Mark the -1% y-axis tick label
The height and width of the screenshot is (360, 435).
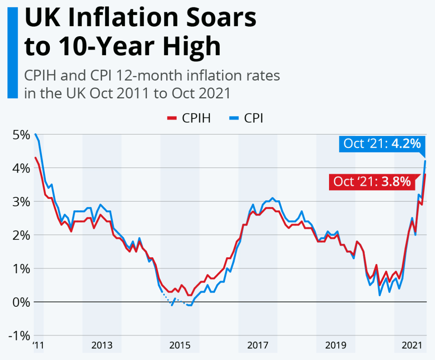tap(16, 336)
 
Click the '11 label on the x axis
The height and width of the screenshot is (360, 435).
tap(38, 345)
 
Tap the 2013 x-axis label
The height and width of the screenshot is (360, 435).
tap(102, 345)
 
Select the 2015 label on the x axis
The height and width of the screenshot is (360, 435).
tap(180, 345)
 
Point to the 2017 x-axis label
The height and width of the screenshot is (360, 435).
tap(258, 345)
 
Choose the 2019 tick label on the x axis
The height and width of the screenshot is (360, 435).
tap(336, 345)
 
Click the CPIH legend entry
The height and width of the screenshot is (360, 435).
tap(189, 118)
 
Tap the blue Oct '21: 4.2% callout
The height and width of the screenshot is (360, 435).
tap(382, 143)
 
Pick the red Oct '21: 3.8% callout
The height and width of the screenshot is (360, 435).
tap(372, 181)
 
